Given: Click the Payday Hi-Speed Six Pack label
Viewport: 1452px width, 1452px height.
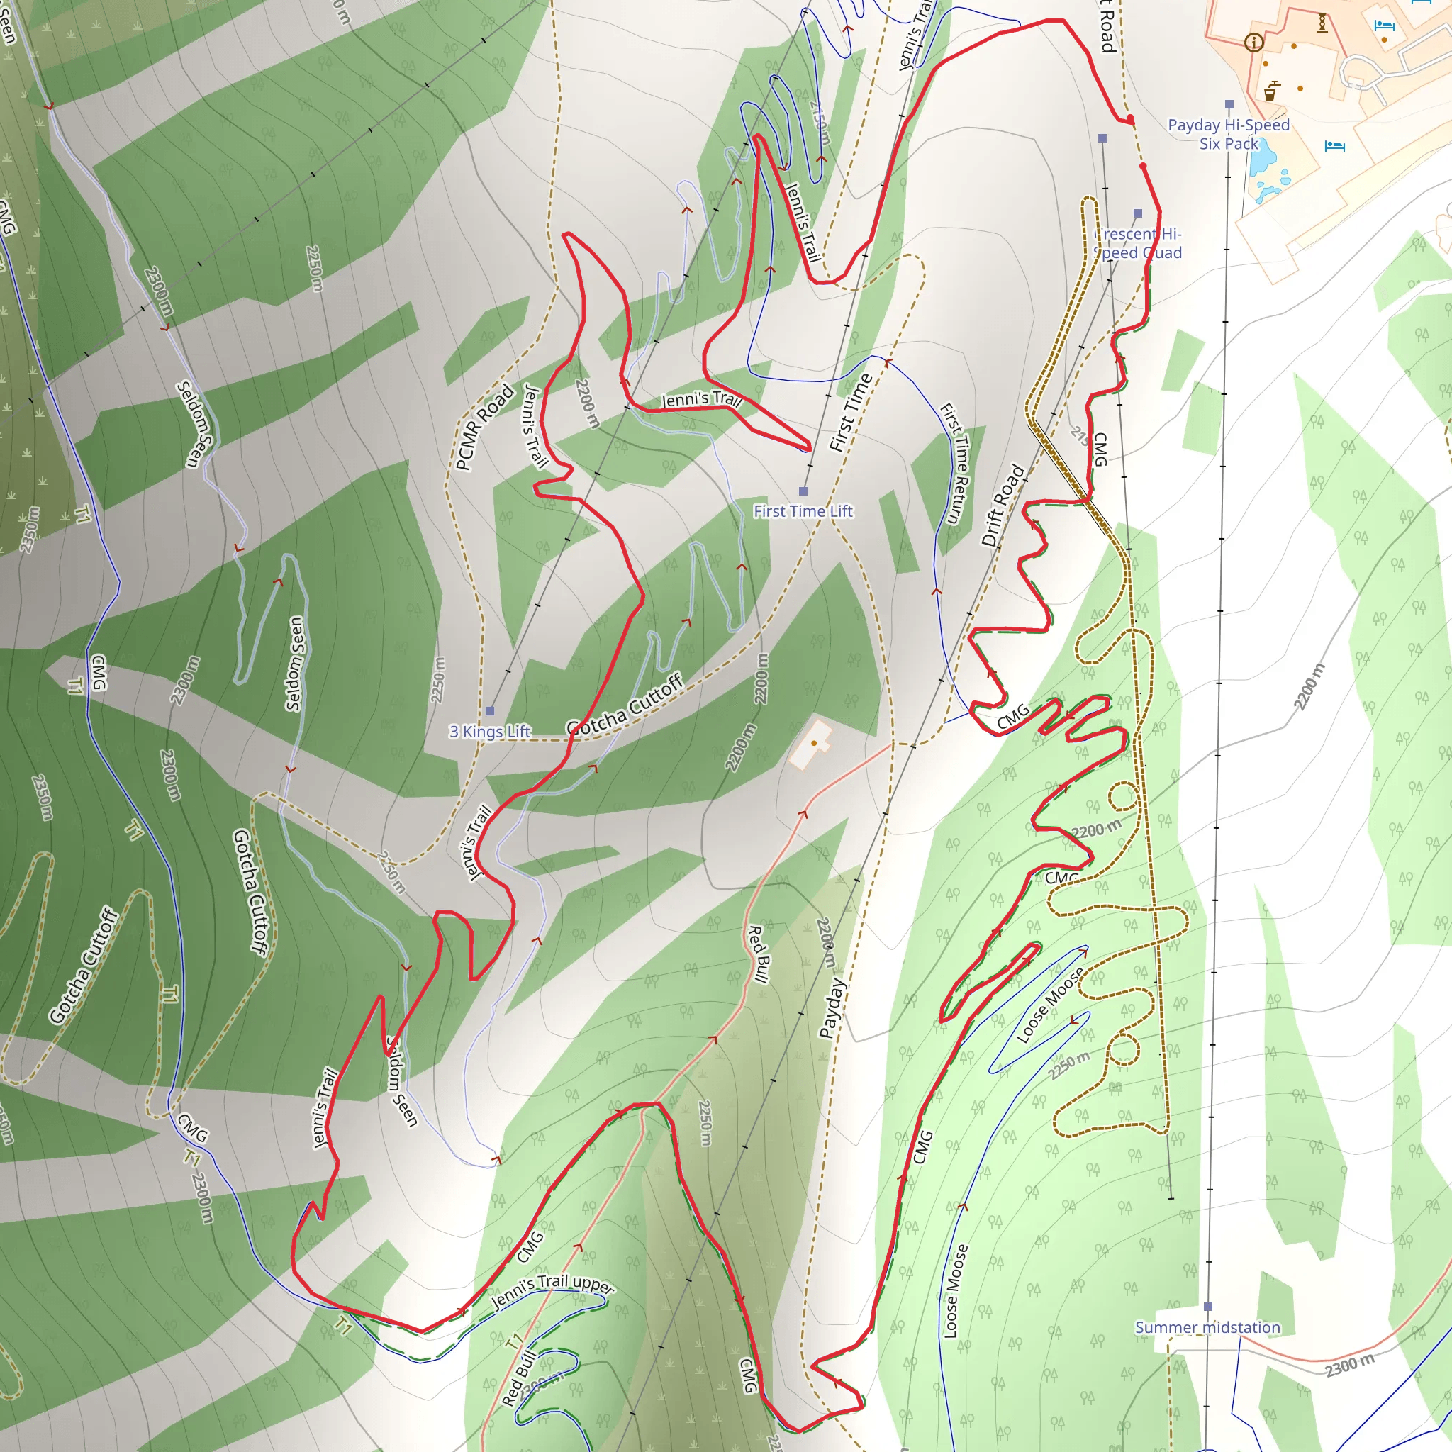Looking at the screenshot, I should click(1228, 135).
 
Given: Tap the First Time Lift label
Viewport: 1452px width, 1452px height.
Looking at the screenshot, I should click(803, 511).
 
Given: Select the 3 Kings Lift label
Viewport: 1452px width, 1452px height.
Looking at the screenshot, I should click(489, 731).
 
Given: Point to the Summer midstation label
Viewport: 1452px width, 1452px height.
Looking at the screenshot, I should click(1207, 1327).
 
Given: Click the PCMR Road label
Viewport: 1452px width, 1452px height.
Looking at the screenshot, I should click(485, 427).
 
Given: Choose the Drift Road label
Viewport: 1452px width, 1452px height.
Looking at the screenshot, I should click(1003, 505).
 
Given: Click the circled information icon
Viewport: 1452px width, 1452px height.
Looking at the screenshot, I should click(1253, 42).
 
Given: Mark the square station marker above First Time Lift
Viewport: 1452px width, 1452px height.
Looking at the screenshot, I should click(803, 491).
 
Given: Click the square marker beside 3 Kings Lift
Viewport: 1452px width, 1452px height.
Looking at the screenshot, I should click(489, 710).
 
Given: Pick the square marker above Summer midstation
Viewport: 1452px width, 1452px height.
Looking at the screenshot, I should click(1207, 1306).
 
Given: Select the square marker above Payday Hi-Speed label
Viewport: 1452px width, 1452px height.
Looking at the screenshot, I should click(1229, 104).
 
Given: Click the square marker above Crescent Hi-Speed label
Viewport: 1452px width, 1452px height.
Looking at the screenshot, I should click(1137, 213).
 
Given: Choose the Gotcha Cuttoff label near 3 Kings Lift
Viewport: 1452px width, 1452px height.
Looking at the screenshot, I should click(625, 704).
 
